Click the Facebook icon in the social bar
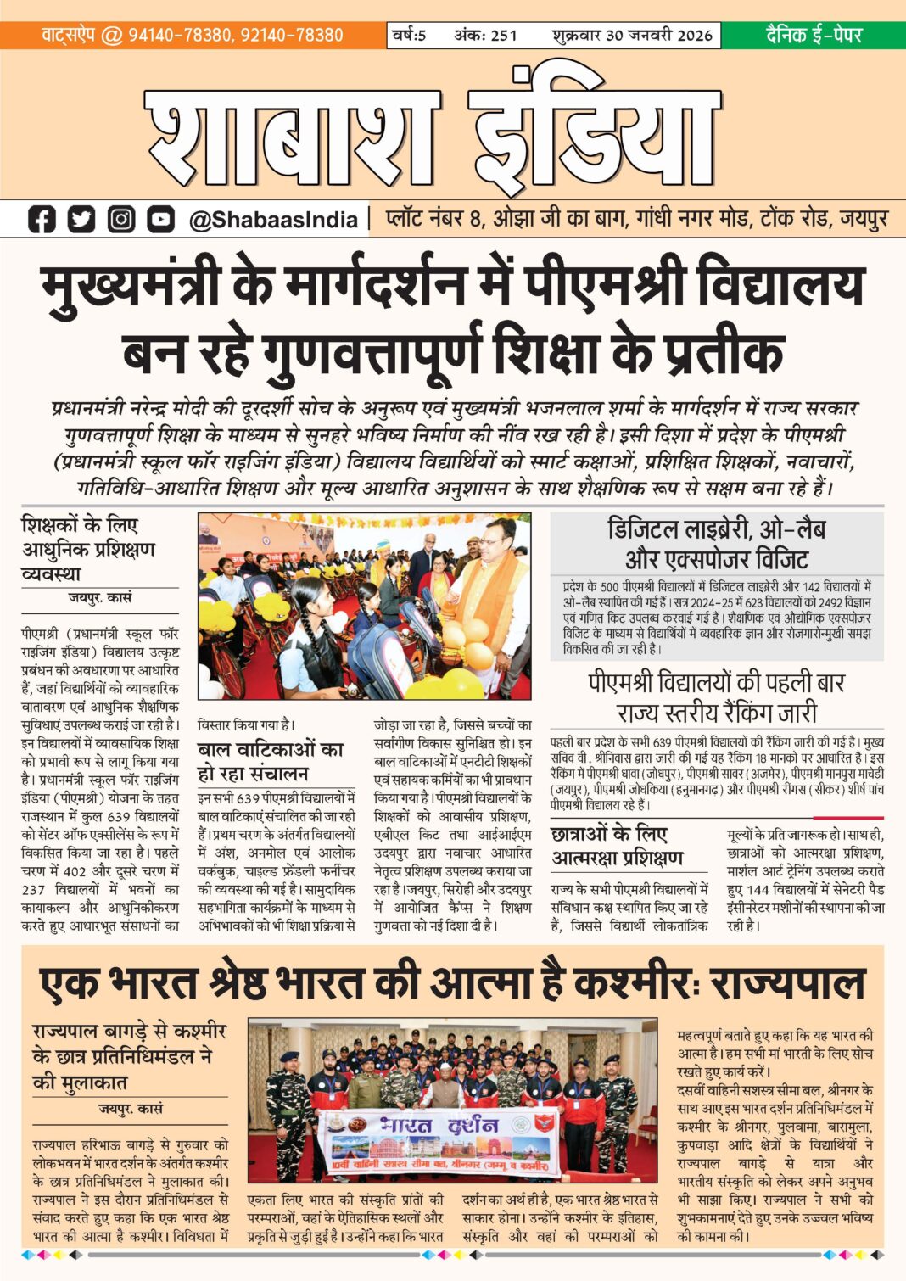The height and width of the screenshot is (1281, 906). point(42,220)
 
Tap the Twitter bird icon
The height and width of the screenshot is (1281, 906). point(81,220)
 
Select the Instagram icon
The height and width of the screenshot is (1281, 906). point(121,220)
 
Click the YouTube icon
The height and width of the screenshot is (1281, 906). point(160,220)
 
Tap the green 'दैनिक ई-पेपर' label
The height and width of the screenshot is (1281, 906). point(814,35)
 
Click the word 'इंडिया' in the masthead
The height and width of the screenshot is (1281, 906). point(594,131)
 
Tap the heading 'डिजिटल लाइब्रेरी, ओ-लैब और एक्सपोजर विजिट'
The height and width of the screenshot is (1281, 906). point(717,545)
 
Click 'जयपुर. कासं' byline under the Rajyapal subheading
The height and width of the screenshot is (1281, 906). point(130,1109)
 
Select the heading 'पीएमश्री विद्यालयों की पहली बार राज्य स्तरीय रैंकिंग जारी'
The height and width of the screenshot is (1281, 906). point(717,697)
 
